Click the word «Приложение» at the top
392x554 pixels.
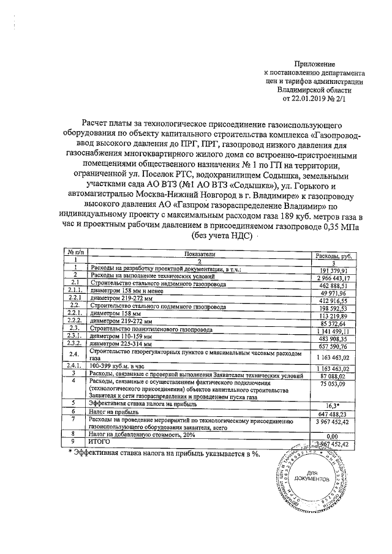coord(315,64)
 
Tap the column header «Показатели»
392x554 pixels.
coord(198,253)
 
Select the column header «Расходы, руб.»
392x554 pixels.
coord(333,253)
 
